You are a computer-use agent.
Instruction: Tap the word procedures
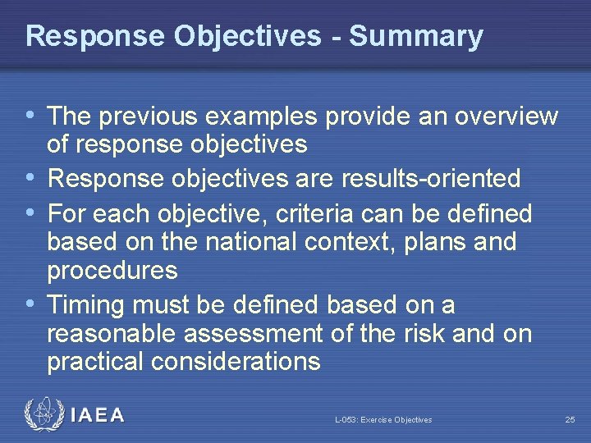[112, 270]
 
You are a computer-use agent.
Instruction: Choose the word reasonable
[112, 334]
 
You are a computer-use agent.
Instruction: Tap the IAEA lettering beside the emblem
[98, 416]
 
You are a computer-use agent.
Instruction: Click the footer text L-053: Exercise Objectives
[383, 420]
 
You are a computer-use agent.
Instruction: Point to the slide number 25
[570, 420]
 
